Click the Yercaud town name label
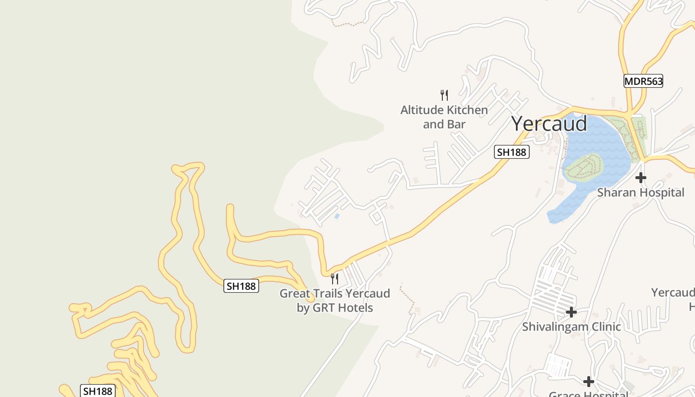pyautogui.click(x=549, y=123)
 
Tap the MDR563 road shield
pyautogui.click(x=643, y=81)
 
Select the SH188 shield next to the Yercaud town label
pyautogui.click(x=511, y=152)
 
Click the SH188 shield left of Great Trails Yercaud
pyautogui.click(x=241, y=286)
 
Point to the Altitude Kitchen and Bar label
pyautogui.click(x=444, y=117)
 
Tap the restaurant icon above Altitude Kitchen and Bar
pyautogui.click(x=444, y=95)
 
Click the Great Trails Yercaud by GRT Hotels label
pyautogui.click(x=335, y=300)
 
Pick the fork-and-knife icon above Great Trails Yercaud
pyautogui.click(x=335, y=278)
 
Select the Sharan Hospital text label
pyautogui.click(x=640, y=193)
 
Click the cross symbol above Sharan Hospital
pyautogui.click(x=641, y=178)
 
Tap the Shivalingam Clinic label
pyautogui.click(x=571, y=327)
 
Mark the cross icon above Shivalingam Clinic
pyautogui.click(x=571, y=312)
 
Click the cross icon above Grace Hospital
pyautogui.click(x=589, y=382)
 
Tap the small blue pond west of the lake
pyautogui.click(x=337, y=216)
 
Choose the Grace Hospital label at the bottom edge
pyautogui.click(x=589, y=394)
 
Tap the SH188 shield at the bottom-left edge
pyautogui.click(x=97, y=391)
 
